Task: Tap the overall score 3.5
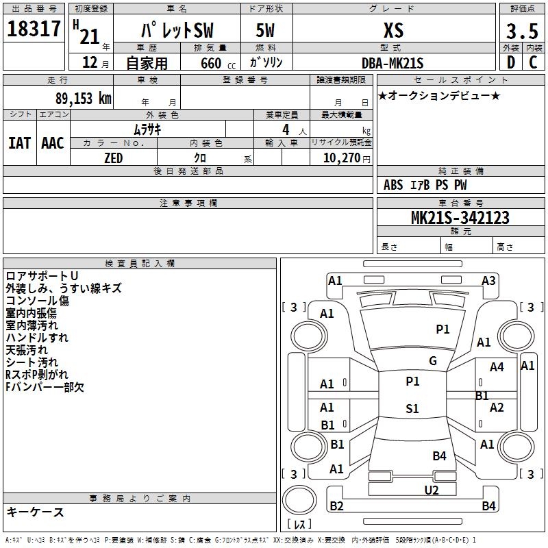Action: point(521,32)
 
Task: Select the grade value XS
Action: point(393,31)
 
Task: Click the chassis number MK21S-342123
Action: point(460,219)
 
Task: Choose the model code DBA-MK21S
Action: point(393,63)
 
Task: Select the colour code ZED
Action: point(113,158)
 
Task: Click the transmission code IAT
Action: point(19,143)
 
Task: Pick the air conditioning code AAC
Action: point(53,143)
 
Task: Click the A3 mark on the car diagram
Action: point(488,280)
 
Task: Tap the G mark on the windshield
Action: point(432,361)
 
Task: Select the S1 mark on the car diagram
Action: point(412,409)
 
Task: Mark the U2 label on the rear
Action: point(432,490)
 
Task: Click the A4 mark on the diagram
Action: point(497,367)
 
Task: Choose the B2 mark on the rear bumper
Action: point(336,506)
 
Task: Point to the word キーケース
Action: point(35,512)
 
